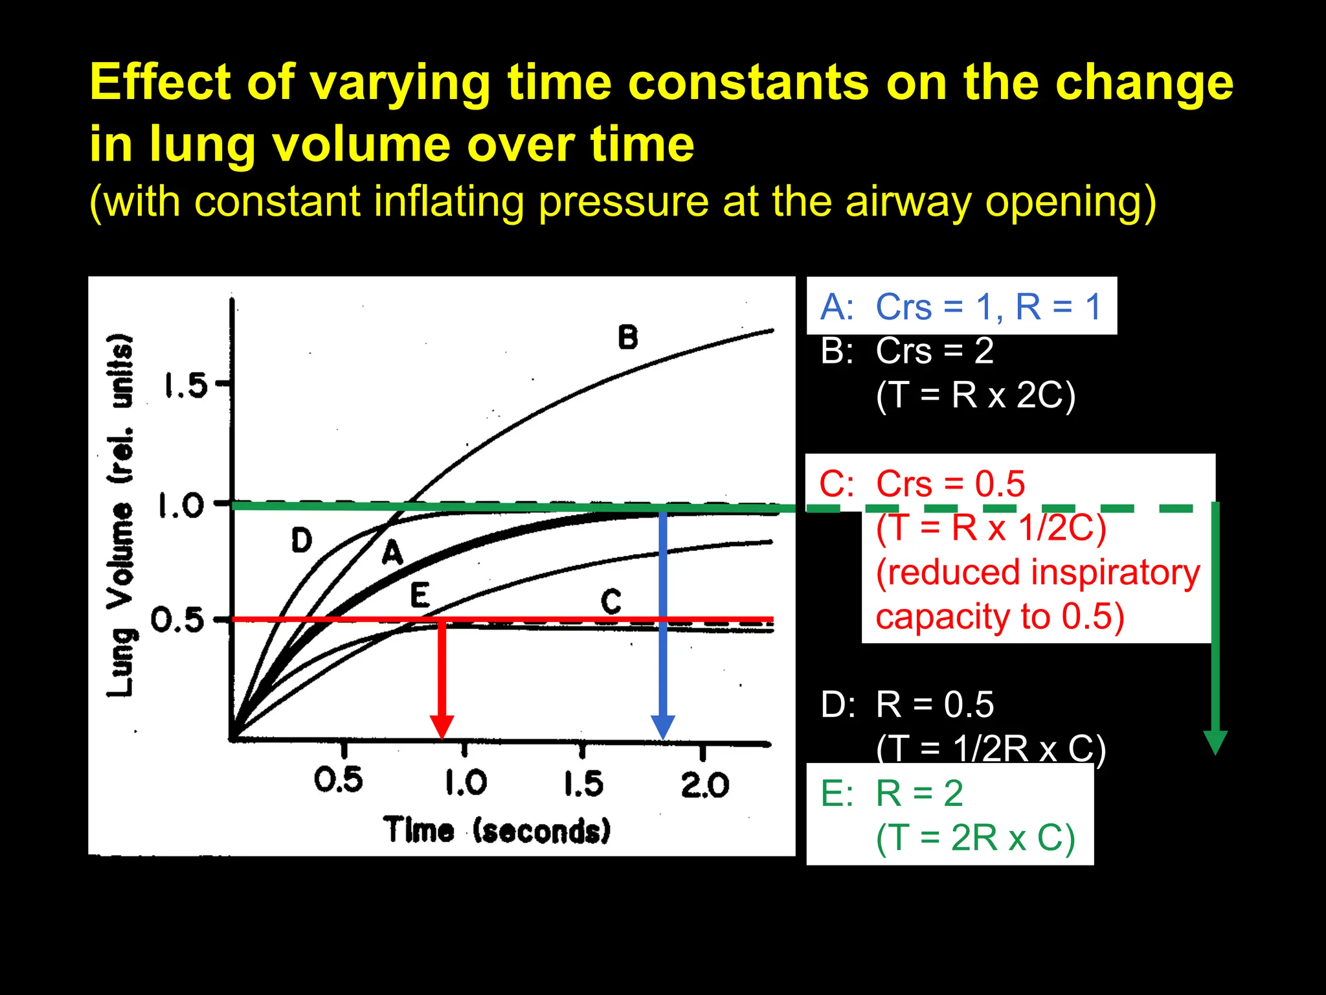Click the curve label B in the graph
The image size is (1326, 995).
pyautogui.click(x=627, y=337)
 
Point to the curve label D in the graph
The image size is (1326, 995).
pyautogui.click(x=301, y=540)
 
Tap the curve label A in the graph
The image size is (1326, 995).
pyautogui.click(x=392, y=553)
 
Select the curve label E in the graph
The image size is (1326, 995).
pyautogui.click(x=420, y=595)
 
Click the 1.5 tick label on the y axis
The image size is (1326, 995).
pyautogui.click(x=185, y=386)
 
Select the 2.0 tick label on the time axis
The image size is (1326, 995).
pyautogui.click(x=704, y=784)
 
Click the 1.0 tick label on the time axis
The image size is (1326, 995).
pyautogui.click(x=466, y=783)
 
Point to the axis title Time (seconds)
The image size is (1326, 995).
pyautogui.click(x=497, y=830)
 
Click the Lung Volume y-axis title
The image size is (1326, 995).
pyautogui.click(x=121, y=515)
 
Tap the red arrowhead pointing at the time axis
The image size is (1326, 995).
pyautogui.click(x=442, y=727)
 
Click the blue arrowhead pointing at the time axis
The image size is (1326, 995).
pyautogui.click(x=663, y=727)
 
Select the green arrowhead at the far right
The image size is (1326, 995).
pyautogui.click(x=1215, y=742)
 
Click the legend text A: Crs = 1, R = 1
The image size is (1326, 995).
pyautogui.click(x=961, y=306)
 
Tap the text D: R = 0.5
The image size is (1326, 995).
pyautogui.click(x=907, y=704)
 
